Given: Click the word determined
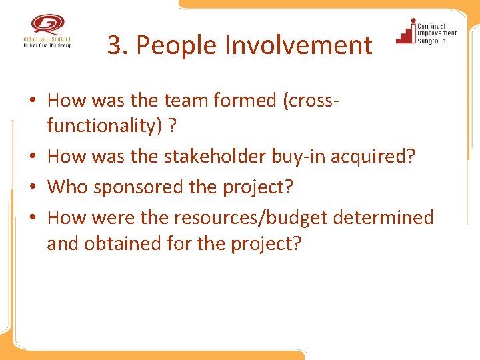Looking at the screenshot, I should point(393,217).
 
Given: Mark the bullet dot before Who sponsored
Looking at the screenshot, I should point(33,187).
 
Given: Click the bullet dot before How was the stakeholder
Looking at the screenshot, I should point(33,157).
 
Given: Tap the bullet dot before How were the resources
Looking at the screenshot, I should point(33,218).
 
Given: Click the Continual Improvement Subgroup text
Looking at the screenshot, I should point(437,33).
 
